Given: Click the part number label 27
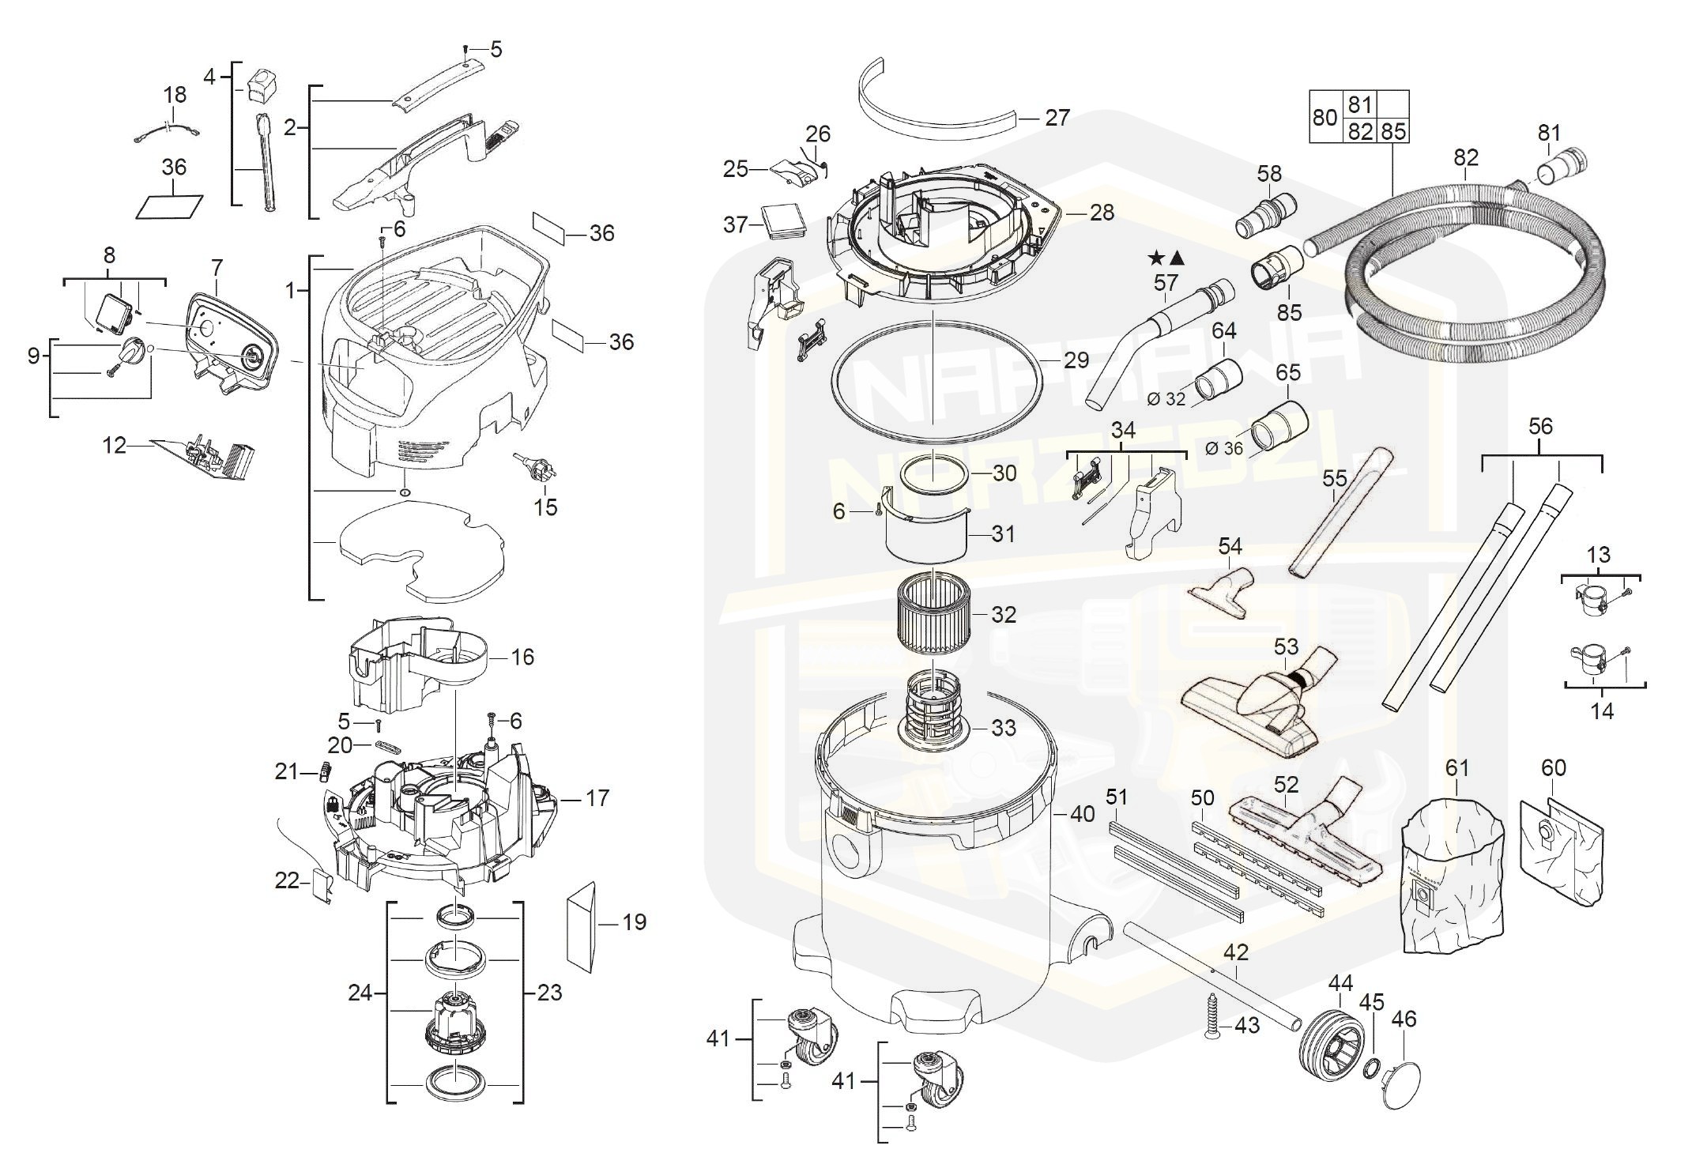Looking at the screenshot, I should tap(1057, 118).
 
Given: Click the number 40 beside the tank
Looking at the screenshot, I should tap(1082, 813).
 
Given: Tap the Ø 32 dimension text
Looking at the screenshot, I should tap(1166, 400).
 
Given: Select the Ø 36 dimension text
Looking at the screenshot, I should tap(1224, 449).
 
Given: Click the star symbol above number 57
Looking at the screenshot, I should tap(1155, 258).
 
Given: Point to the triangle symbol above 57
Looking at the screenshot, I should tap(1177, 258).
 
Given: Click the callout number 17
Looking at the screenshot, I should tap(597, 798).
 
